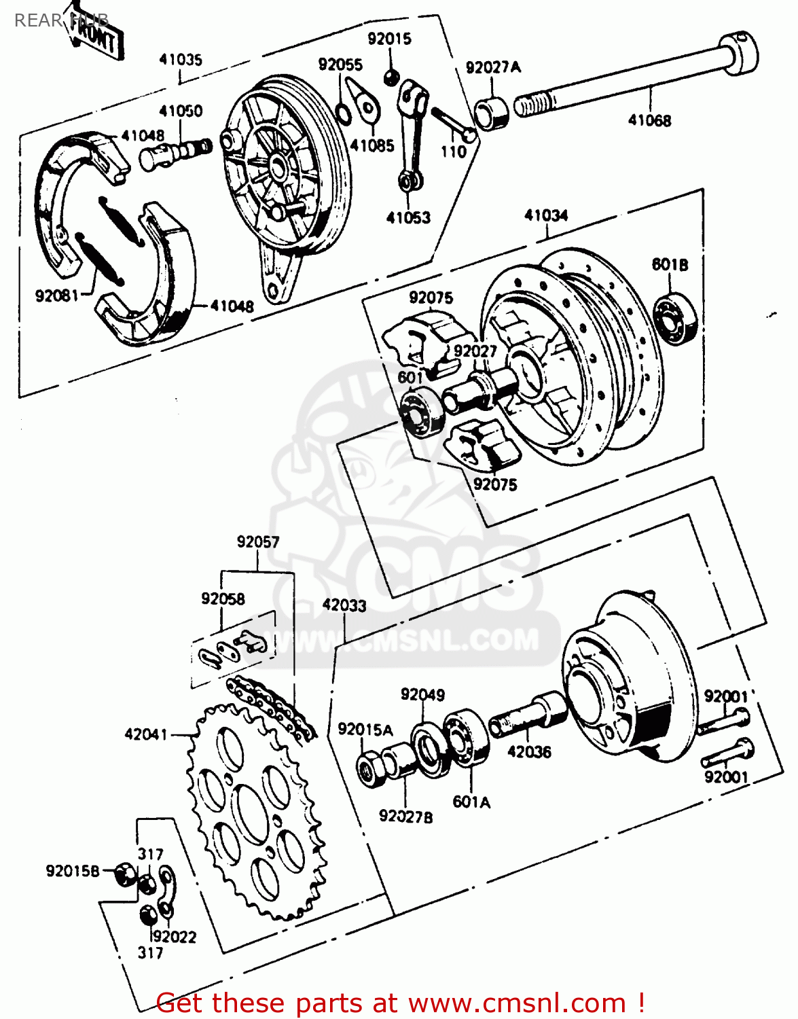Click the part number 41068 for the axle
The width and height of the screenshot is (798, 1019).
tap(649, 120)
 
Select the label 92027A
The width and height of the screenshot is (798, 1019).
tap(493, 67)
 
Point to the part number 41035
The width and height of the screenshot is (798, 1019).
tap(181, 60)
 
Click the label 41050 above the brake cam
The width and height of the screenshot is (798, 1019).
tap(181, 111)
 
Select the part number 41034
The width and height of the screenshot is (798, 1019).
tap(546, 215)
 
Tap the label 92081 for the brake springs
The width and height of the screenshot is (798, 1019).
tap(57, 296)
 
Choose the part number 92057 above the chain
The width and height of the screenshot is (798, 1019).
tap(258, 541)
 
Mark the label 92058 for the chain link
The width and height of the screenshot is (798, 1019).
tap(223, 598)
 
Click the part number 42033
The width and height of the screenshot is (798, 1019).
tap(344, 605)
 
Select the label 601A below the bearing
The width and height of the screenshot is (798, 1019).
tap(471, 802)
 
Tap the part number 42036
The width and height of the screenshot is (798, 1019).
tap(529, 752)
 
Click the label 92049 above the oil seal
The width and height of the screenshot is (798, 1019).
tap(422, 694)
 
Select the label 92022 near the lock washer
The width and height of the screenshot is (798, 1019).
tap(175, 937)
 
